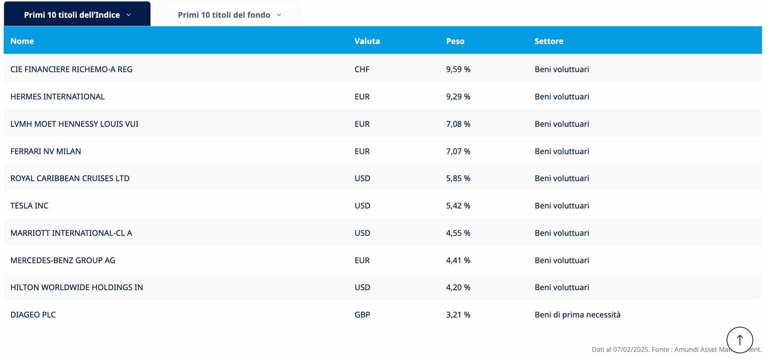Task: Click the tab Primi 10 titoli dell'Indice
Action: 77,15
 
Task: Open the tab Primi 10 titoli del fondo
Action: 229,15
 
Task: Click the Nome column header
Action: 22,41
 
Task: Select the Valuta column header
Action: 367,41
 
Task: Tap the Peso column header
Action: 455,41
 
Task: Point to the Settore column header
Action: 549,41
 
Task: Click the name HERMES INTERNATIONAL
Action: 58,97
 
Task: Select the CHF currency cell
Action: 362,69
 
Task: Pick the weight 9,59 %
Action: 458,69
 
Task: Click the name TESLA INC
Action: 29,206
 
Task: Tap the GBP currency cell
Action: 362,315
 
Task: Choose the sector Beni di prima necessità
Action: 578,315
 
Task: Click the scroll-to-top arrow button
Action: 739,340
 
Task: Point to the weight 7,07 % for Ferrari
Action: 458,151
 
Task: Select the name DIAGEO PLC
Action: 33,315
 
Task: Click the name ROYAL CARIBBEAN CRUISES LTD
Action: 70,179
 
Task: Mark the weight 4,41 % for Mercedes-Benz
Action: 458,260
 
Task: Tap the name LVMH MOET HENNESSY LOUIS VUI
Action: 74,124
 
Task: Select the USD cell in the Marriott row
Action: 362,233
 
